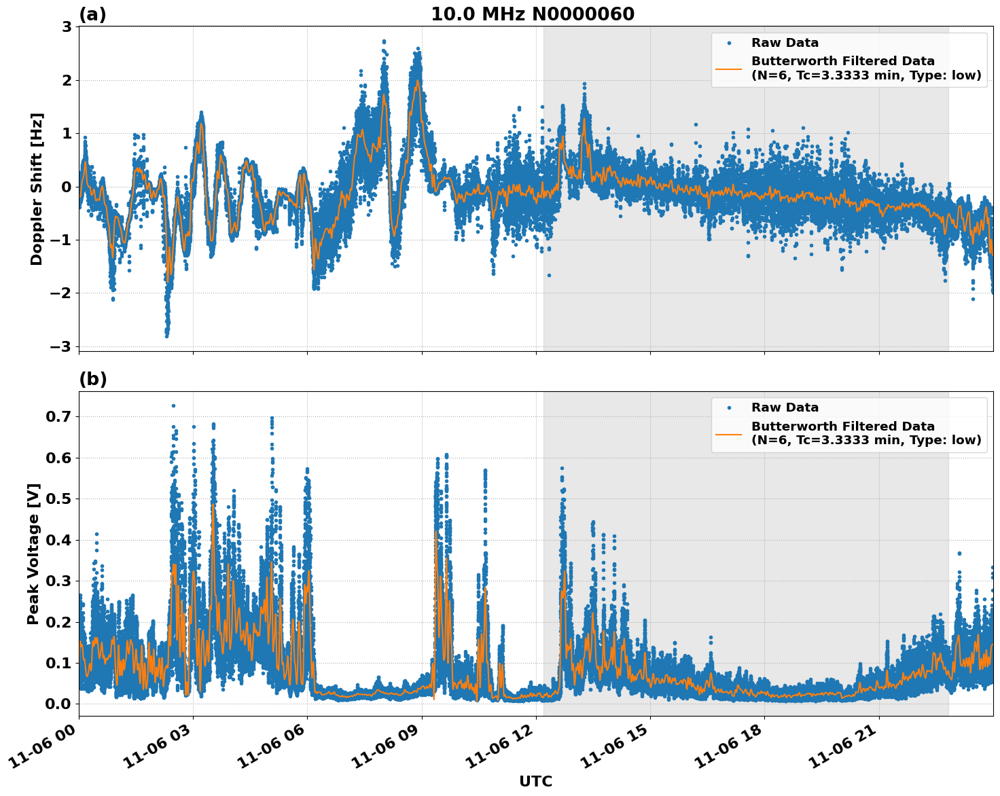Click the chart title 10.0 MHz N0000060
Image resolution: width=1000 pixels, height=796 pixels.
533,14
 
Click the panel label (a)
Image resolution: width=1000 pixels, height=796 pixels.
92,14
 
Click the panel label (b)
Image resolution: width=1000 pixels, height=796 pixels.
92,379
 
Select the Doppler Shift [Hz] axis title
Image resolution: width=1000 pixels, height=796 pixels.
37,189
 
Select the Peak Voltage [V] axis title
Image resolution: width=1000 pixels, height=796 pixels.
33,554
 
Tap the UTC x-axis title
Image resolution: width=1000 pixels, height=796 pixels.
535,781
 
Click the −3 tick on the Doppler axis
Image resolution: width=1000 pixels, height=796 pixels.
61,346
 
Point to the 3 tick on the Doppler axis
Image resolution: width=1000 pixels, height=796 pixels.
67,26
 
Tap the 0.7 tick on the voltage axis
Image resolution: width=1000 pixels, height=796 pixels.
58,416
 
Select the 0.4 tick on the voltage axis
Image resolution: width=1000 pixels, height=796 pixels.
58,540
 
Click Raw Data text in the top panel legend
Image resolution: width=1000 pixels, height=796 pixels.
785,43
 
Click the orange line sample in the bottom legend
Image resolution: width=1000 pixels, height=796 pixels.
729,433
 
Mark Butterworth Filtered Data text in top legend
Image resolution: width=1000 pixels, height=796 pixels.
842,61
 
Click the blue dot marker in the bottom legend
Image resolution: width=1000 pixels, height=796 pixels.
729,408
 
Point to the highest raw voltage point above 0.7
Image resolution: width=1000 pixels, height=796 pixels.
173,405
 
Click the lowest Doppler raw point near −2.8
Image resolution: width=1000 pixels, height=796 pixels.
166,336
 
